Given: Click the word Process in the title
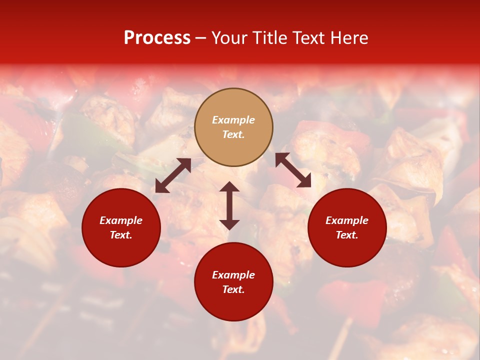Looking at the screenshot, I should click(x=157, y=38).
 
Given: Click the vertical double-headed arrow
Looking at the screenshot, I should click(x=229, y=205).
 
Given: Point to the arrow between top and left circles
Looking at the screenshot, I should click(x=173, y=175).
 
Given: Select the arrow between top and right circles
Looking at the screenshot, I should click(x=293, y=170).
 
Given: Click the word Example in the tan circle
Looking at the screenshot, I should click(x=233, y=120).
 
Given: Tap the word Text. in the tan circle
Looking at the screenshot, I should click(x=233, y=134).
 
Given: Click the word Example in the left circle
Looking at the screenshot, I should click(x=121, y=220).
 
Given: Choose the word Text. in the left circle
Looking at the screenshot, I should click(x=121, y=235).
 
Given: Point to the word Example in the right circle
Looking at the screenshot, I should click(x=347, y=220).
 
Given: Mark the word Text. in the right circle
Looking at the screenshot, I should click(x=347, y=235).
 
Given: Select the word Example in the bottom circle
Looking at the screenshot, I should click(x=233, y=275).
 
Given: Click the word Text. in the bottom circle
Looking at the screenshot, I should click(x=233, y=289).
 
